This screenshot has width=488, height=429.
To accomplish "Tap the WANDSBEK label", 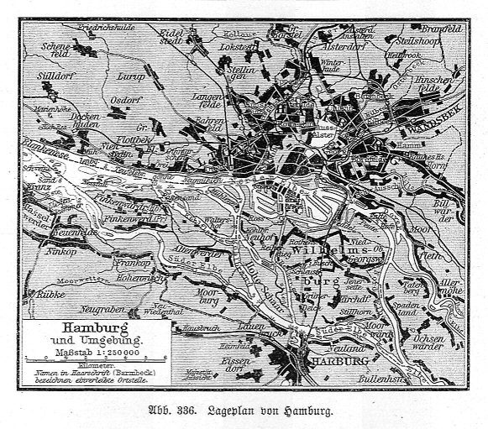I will pos(428,132).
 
